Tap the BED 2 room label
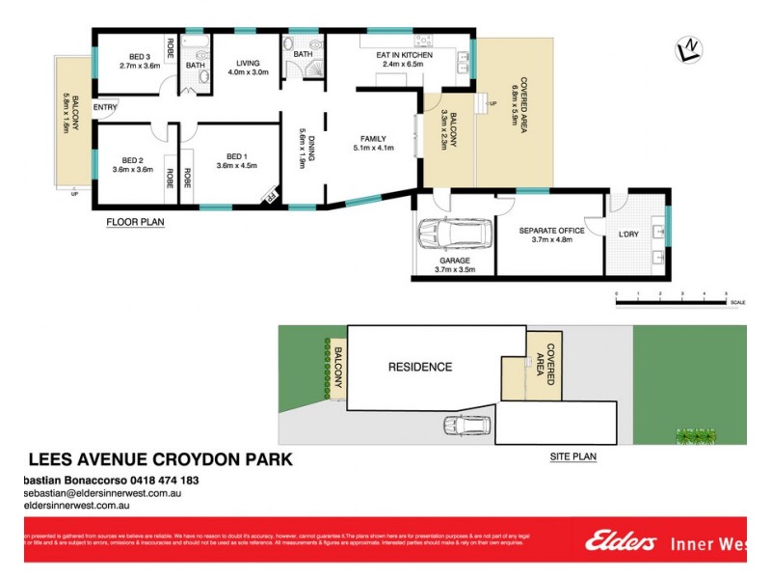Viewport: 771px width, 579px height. click(132, 160)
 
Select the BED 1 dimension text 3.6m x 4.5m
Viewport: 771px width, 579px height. click(236, 166)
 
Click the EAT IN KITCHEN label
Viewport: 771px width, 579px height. click(404, 55)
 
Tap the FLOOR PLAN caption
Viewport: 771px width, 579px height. click(135, 222)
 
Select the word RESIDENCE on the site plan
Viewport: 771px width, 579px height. click(419, 367)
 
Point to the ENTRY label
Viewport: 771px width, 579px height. click(105, 107)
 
